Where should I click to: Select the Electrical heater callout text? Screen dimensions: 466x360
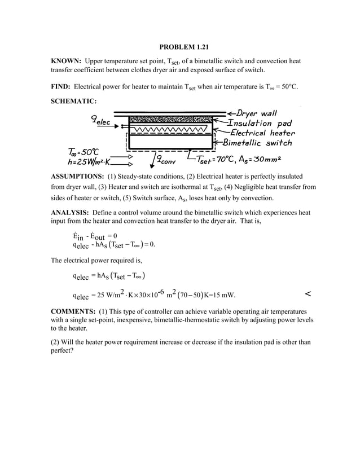pyautogui.click(x=260, y=133)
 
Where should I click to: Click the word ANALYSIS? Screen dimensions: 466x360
pyautogui.click(x=71, y=213)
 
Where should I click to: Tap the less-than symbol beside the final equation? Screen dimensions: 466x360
pyautogui.click(x=308, y=293)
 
